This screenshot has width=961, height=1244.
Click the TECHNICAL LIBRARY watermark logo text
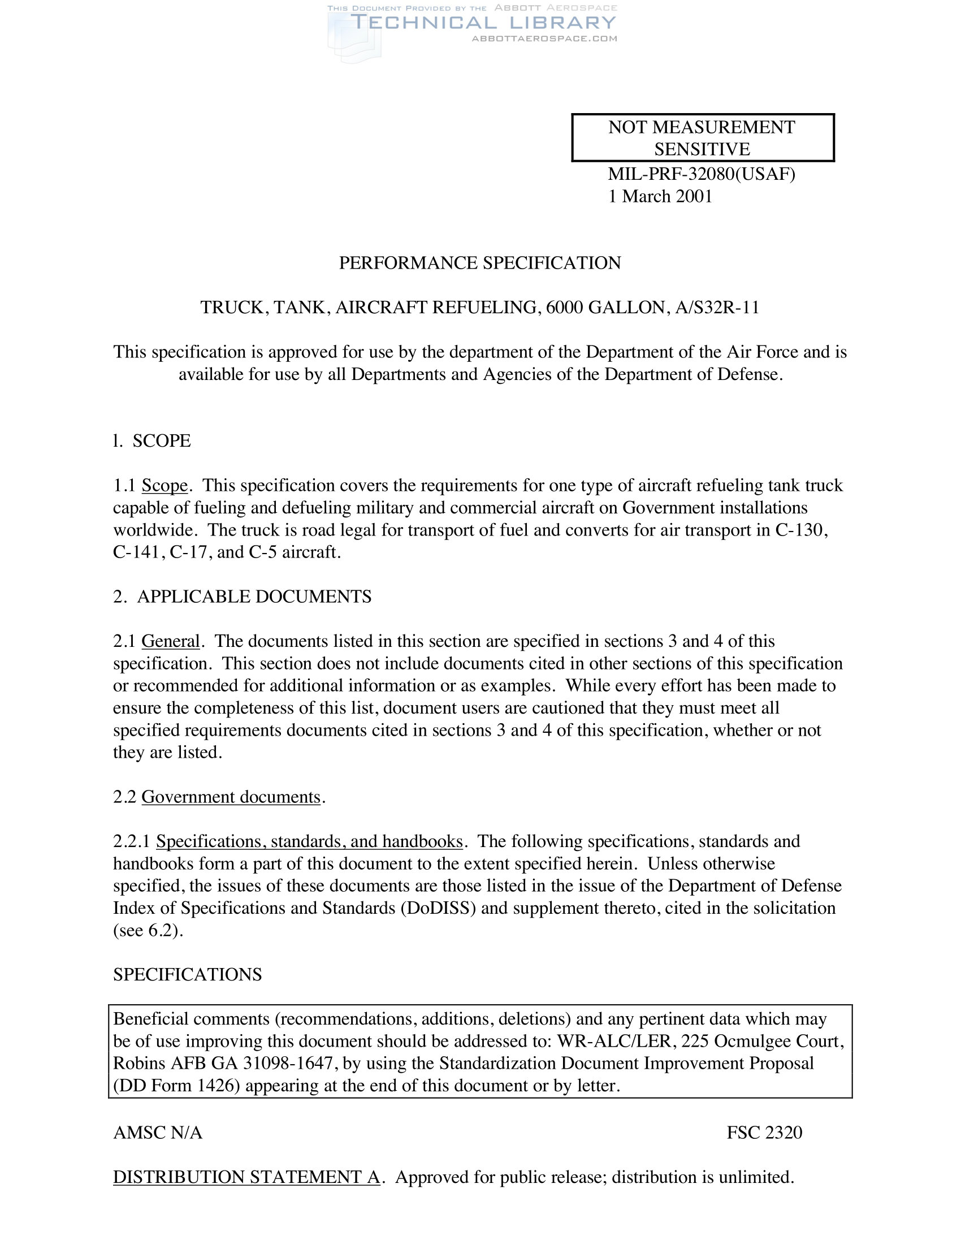pos(483,23)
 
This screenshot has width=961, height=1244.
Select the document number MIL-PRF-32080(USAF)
pos(702,174)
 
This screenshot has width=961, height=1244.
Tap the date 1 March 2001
pos(660,197)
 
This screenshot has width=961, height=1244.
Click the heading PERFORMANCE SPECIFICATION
pos(480,263)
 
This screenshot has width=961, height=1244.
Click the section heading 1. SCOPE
pos(152,441)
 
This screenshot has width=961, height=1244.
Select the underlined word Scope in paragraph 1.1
pos(165,486)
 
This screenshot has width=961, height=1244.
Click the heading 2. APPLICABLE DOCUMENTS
pos(243,597)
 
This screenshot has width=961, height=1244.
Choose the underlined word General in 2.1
pos(171,641)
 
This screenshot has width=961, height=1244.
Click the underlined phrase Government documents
pos(231,797)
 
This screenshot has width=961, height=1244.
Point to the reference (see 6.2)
pos(148,930)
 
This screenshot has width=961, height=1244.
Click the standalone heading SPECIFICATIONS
pos(187,975)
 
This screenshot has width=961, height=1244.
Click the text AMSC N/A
pos(158,1133)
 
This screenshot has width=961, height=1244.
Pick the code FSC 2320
pos(764,1133)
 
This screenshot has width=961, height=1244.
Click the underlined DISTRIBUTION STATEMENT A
pos(246,1177)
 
